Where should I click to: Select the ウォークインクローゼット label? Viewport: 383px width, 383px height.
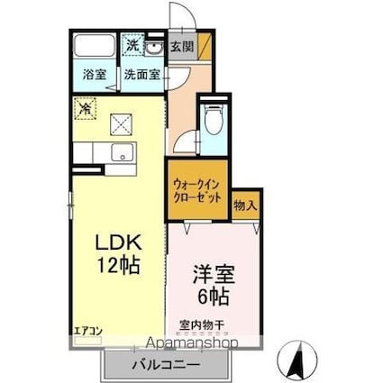197,189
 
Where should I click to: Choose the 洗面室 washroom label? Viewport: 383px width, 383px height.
142,75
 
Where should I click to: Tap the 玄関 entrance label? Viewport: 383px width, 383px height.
181,46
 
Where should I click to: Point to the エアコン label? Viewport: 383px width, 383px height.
88,330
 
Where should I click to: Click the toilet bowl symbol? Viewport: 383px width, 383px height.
214,123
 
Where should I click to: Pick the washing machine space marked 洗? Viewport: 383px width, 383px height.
132,45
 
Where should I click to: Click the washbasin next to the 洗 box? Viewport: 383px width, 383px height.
153,46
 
